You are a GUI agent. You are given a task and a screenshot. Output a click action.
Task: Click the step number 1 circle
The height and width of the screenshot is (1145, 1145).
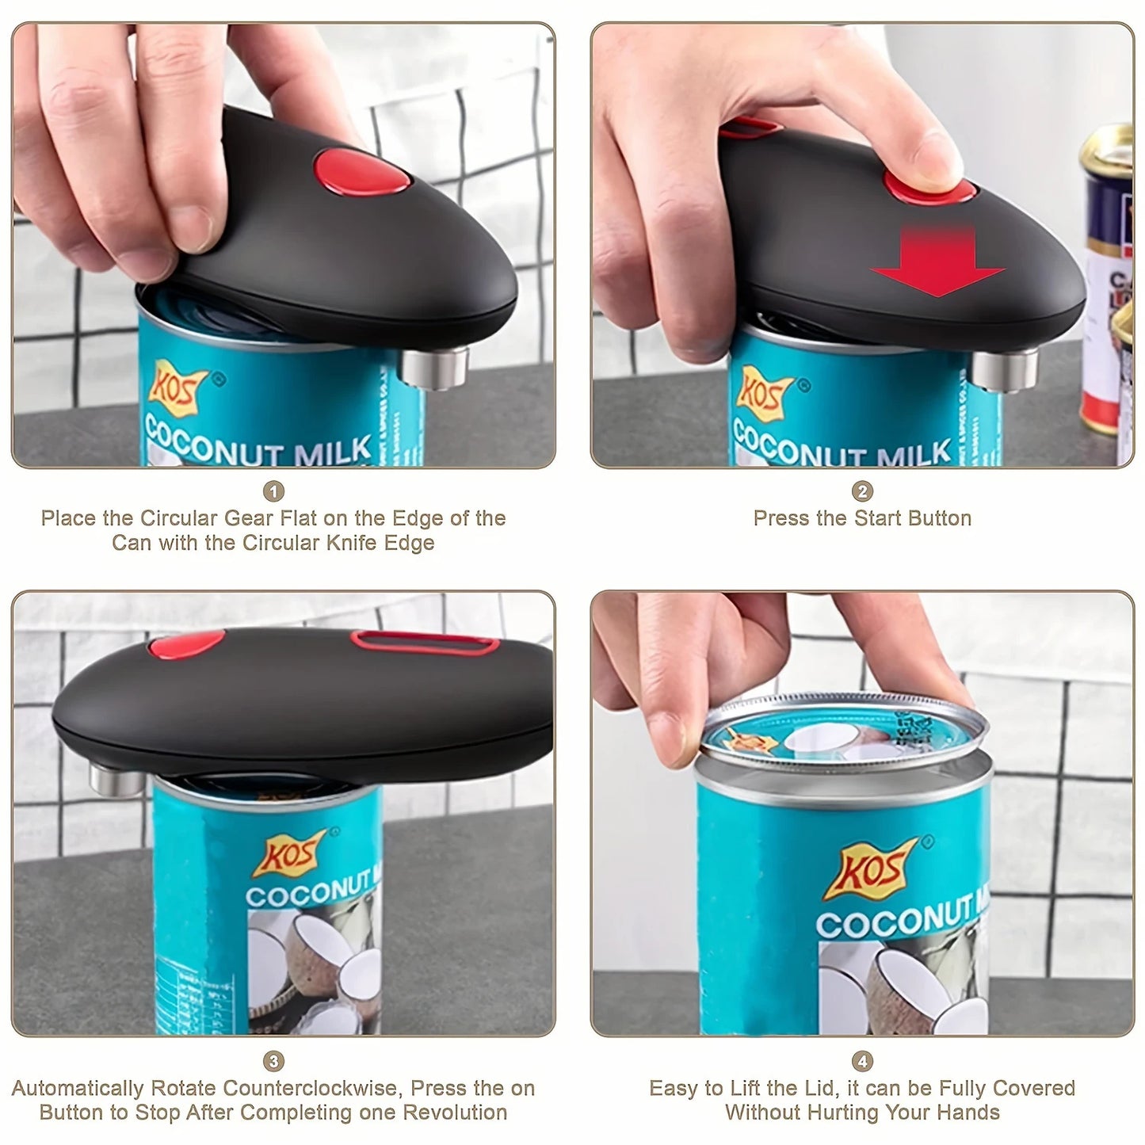[273, 491]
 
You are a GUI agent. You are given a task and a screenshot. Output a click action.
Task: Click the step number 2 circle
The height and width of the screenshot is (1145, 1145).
[862, 491]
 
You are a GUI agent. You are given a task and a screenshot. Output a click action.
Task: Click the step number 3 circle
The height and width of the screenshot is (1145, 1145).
[273, 1061]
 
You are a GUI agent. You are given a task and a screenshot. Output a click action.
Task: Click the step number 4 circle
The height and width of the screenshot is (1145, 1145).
[862, 1061]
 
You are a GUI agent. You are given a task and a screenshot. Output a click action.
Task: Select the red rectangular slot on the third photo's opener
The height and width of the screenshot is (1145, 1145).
[425, 642]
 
